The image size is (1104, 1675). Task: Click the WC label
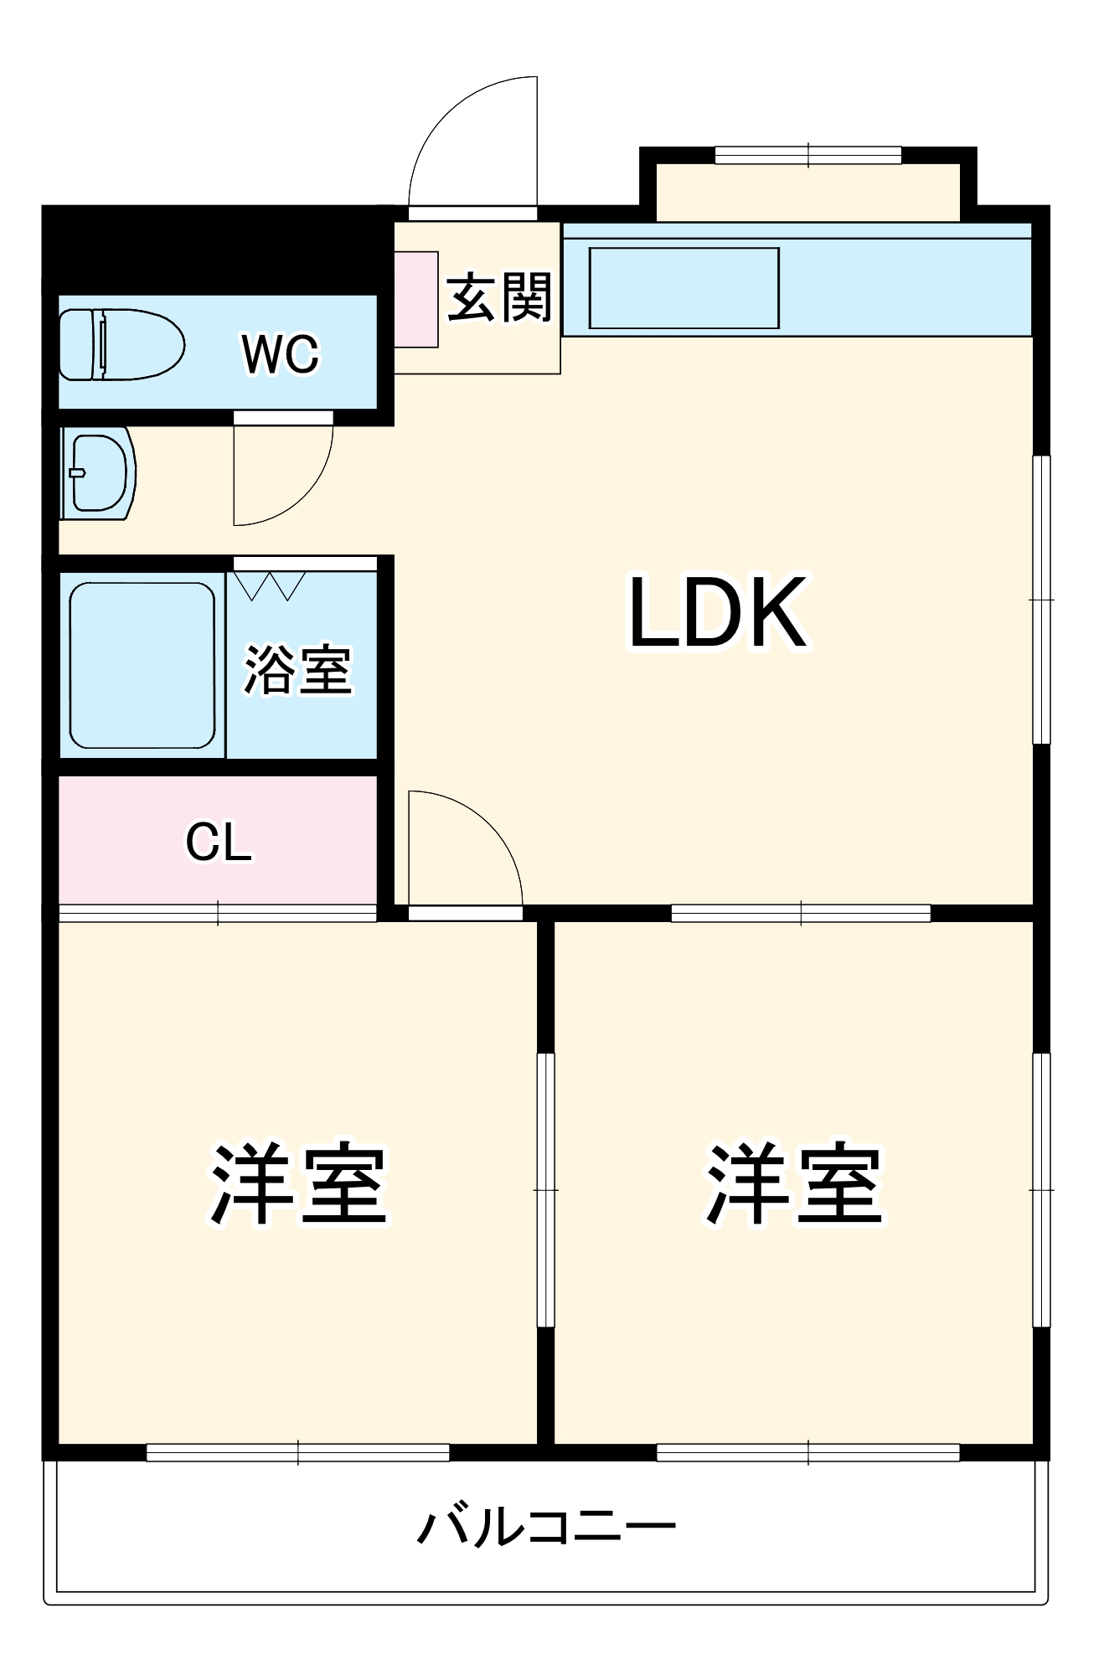tap(280, 354)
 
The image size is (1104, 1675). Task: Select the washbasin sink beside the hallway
tap(98, 472)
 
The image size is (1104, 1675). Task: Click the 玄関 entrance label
tap(499, 297)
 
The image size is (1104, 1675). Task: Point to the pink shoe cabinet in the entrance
tap(416, 299)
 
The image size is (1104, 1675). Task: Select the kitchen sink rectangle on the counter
tap(684, 288)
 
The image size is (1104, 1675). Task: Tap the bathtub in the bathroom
tap(142, 665)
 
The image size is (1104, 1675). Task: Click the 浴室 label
tap(297, 669)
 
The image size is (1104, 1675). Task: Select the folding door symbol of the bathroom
tap(270, 585)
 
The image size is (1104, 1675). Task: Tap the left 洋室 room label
tap(298, 1183)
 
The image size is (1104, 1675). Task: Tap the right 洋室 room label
tap(794, 1183)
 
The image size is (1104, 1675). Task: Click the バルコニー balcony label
tap(546, 1528)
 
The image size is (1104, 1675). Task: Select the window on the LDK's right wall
tap(1041, 600)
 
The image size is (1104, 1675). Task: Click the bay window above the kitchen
tap(807, 156)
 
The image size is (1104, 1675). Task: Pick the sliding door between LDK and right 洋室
tap(801, 913)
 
